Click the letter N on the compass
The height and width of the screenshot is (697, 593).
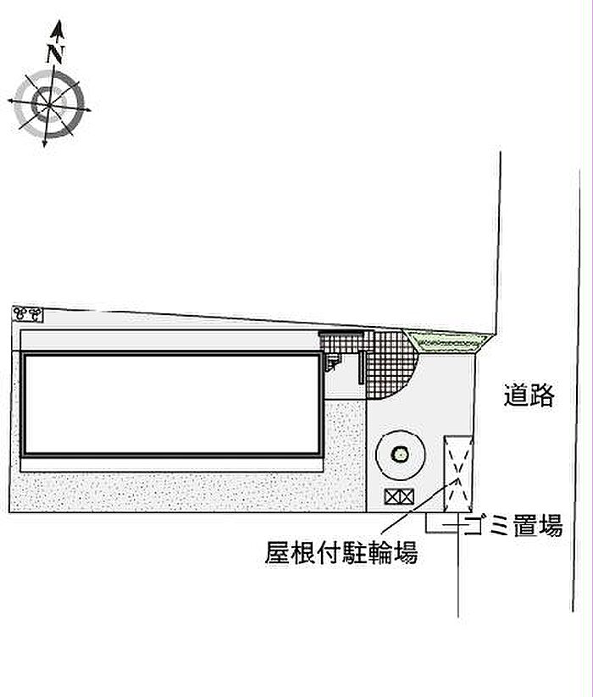55,53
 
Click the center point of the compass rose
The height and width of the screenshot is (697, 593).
48,105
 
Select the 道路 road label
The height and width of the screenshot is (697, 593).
529,395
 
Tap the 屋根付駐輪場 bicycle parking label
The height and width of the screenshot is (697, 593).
341,552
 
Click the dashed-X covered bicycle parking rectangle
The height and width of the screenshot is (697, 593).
458,474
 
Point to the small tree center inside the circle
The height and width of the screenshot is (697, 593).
400,454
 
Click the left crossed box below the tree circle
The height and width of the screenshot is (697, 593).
391,496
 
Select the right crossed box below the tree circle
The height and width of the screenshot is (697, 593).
407,496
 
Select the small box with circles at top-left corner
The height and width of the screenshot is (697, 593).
28,314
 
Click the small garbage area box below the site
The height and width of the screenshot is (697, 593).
442,523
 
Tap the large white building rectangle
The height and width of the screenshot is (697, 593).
173,404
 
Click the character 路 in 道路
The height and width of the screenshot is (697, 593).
542,395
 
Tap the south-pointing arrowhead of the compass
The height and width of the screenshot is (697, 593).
44,141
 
